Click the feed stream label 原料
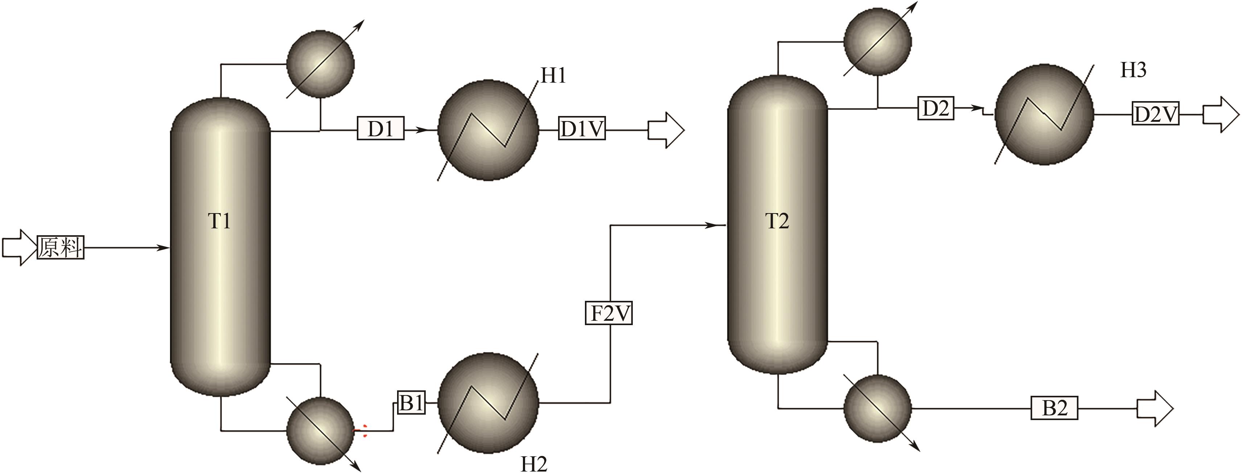(x=61, y=248)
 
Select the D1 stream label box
(x=380, y=129)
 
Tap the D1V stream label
(x=582, y=129)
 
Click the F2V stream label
(x=608, y=313)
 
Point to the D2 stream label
(x=935, y=108)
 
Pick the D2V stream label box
(x=1156, y=115)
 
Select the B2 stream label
(x=1055, y=408)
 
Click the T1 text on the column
(x=219, y=221)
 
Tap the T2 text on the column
(x=777, y=221)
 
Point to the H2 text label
(x=534, y=464)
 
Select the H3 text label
(x=1133, y=70)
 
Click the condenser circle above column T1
(x=320, y=64)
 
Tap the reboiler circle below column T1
(x=320, y=431)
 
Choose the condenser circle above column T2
(x=878, y=42)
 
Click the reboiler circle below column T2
(x=878, y=408)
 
